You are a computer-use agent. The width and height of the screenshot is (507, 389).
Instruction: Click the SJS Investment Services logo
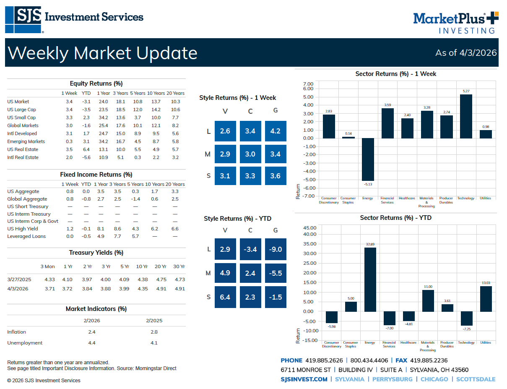(74, 19)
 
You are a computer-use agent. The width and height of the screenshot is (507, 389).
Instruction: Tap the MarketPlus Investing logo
(455, 23)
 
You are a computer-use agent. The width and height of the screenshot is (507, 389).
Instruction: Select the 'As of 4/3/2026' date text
(466, 53)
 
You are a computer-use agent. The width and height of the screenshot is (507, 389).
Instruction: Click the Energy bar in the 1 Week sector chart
(368, 159)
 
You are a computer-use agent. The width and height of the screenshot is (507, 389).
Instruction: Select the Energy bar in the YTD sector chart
(370, 279)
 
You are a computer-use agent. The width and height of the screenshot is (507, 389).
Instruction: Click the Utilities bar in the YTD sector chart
(486, 299)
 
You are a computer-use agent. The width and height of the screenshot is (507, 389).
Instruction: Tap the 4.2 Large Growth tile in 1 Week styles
(276, 131)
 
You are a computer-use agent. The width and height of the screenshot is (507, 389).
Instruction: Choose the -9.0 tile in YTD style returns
(276, 250)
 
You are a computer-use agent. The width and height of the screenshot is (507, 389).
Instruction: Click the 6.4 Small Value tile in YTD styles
(225, 298)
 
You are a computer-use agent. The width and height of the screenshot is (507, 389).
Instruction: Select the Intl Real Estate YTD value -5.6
(86, 157)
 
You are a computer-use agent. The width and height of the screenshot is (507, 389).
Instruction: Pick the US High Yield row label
(23, 229)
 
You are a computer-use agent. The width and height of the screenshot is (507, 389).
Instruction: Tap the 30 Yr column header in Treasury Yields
(179, 266)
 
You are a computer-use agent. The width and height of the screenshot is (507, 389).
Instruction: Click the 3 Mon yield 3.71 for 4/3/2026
(49, 289)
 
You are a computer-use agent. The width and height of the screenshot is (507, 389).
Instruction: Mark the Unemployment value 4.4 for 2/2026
(92, 343)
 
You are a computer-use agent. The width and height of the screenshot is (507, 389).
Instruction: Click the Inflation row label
(17, 332)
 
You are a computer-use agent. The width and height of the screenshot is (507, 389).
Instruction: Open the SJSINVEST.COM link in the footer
(304, 379)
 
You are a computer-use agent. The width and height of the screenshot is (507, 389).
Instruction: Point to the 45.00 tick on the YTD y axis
(309, 228)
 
